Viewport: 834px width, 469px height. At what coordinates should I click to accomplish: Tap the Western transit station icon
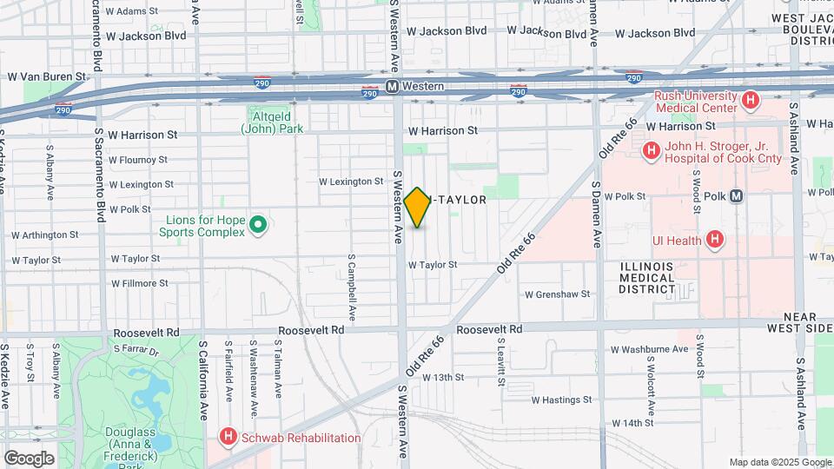393,87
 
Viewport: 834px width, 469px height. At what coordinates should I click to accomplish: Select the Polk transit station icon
737,196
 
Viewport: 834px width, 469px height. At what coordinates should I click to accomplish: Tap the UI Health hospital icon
714,239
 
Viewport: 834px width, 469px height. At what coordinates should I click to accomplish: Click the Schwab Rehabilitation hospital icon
228,437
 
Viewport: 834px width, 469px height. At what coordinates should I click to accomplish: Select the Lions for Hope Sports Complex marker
257,226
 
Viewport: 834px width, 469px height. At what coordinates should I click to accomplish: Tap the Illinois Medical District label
647,277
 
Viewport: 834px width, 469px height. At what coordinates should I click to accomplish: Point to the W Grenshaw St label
557,294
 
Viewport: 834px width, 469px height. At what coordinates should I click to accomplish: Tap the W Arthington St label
44,234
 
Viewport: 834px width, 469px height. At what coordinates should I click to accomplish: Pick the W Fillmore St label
140,283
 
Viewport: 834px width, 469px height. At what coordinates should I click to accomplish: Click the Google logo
28,458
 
